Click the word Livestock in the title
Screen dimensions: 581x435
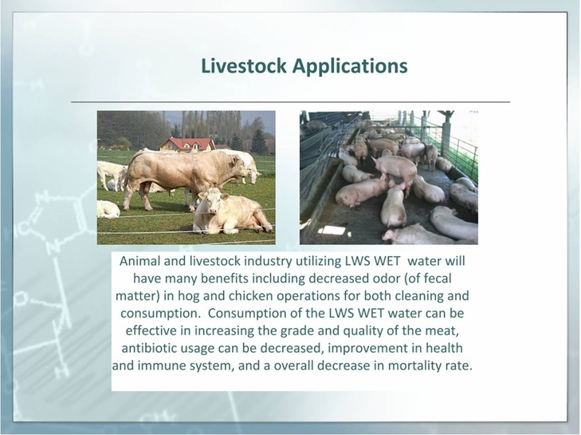(244, 65)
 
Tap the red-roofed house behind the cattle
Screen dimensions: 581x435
(187, 144)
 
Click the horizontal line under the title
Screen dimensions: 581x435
(290, 101)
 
